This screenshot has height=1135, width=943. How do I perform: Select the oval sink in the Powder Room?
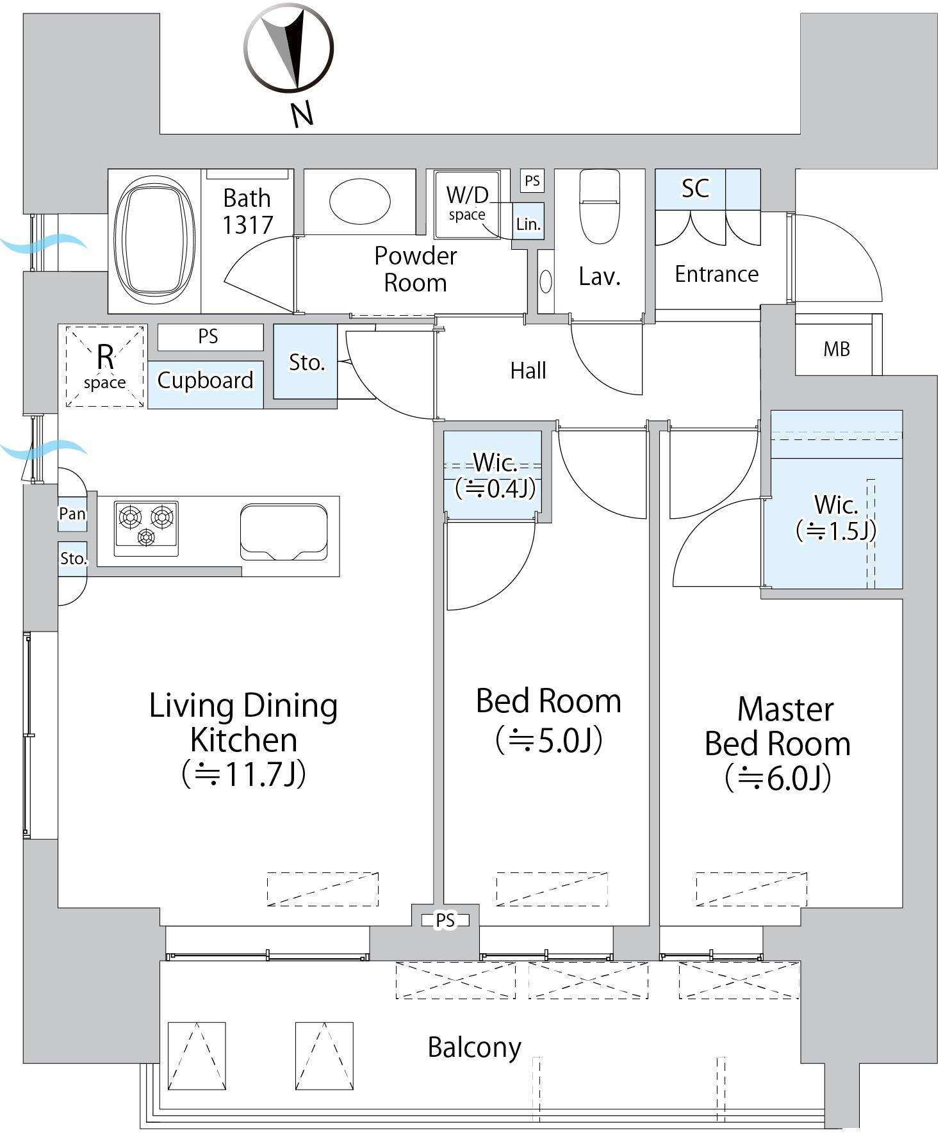359,202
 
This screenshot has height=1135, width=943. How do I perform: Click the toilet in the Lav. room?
599,206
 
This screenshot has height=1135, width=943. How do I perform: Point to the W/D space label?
467,202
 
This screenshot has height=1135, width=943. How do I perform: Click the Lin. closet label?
529,224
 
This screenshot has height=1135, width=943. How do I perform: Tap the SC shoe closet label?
695,188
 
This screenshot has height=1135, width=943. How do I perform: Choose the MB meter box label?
837,349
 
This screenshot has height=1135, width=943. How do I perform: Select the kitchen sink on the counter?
283,533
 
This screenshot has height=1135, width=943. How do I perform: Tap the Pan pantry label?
72,514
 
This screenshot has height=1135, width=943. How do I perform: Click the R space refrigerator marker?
105,366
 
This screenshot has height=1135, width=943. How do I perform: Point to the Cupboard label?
206,380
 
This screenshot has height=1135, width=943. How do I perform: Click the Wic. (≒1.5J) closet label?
836,518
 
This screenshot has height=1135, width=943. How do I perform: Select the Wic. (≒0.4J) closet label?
495,476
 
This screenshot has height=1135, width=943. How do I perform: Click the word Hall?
529,370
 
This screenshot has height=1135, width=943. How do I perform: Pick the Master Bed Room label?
778,727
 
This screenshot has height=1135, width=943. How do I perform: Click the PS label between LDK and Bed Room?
445,920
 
